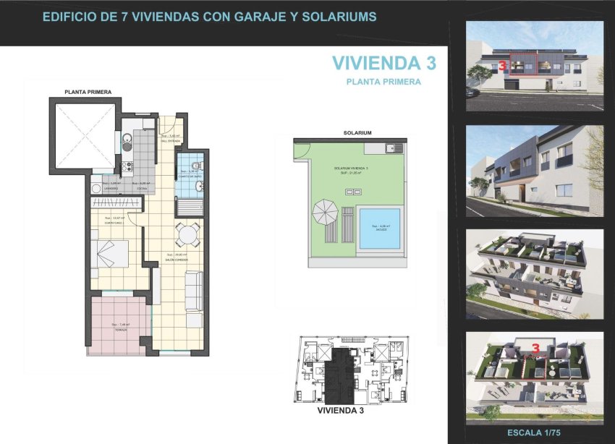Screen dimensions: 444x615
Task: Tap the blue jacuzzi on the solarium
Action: click(380, 229)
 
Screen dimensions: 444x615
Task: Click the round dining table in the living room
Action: click(187, 234)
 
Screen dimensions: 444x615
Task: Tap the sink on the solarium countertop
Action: click(391, 148)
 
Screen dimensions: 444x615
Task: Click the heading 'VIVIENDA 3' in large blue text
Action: click(384, 64)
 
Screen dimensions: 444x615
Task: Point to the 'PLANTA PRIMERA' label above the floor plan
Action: click(88, 93)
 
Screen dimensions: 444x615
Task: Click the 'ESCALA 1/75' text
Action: click(534, 433)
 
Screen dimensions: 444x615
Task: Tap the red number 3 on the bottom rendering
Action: click(535, 348)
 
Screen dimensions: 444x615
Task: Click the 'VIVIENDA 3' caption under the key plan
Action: click(340, 410)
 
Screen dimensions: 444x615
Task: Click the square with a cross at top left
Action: click(84, 136)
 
